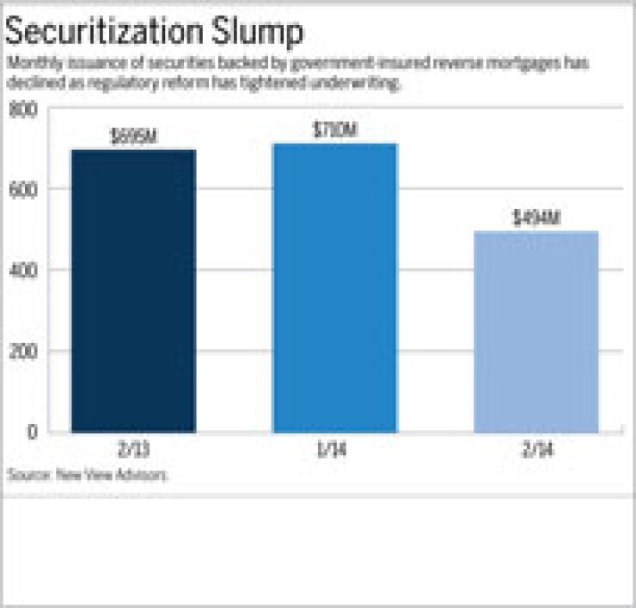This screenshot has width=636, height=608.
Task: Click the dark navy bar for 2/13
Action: tap(133, 291)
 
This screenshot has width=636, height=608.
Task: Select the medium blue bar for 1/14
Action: tap(334, 287)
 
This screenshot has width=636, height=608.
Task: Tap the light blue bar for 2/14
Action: tap(535, 331)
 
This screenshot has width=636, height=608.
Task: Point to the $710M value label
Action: tap(334, 131)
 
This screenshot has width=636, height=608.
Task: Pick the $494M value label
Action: tap(535, 218)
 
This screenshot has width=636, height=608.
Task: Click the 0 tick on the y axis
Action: tap(32, 432)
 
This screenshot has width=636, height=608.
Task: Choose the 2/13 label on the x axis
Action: tap(133, 451)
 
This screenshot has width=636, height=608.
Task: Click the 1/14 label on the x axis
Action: tap(334, 451)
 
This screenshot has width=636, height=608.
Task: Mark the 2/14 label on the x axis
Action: tap(535, 451)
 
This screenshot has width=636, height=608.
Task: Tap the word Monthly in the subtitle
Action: tap(29, 64)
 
